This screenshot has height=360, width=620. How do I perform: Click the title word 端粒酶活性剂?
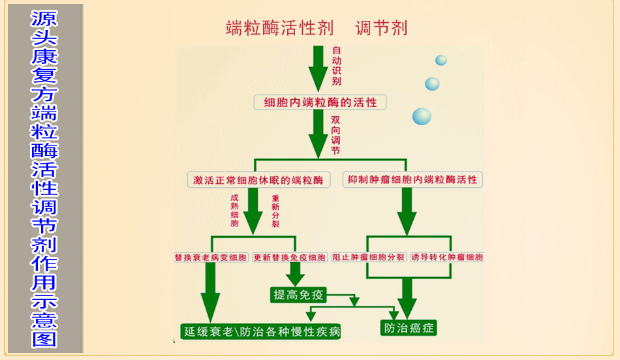279,28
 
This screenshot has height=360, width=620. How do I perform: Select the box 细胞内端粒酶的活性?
320,102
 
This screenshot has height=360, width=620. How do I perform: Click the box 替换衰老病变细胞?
211,258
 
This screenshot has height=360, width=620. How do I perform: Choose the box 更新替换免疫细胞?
290,258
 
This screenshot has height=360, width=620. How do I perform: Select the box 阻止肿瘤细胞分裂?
369,258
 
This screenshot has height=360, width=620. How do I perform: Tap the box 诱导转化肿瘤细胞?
447,258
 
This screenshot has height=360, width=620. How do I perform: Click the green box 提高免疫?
298,295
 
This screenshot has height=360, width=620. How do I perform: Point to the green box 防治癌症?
409,327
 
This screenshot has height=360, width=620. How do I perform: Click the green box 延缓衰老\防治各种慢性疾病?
262,331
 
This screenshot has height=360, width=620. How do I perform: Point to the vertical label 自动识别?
336,66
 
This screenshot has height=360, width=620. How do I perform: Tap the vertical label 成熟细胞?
235,210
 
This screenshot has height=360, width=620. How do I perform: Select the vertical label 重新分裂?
275,210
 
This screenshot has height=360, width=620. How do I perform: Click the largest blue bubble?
422,117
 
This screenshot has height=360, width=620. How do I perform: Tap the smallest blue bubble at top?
441,61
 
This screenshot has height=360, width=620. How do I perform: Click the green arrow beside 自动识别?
318,68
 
